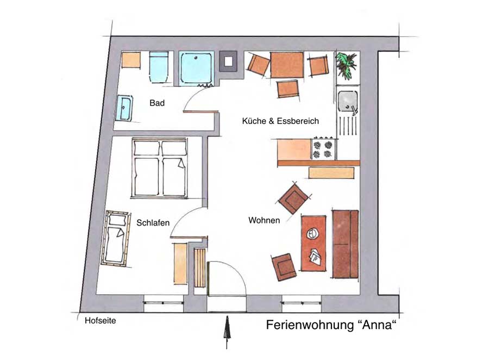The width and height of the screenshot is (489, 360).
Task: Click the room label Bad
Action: coord(157,103)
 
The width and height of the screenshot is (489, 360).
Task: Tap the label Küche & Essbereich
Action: coord(280,121)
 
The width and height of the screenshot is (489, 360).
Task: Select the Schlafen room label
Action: coord(153,222)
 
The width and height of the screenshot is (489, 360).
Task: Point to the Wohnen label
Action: coord(264,220)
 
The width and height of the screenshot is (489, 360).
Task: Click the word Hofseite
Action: coord(100,321)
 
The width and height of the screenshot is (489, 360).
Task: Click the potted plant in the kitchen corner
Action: coord(346,65)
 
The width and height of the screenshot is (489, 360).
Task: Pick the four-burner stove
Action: coord(323,149)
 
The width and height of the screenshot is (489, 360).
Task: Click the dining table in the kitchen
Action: coord(286,65)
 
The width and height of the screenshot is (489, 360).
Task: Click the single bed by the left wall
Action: coord(117,238)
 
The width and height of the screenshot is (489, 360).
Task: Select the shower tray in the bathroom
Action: coord(197,69)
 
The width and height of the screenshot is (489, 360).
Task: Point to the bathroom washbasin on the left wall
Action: coord(124,108)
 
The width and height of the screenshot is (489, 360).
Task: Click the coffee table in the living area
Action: coord(313,243)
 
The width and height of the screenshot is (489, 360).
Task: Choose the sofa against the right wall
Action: coord(346,244)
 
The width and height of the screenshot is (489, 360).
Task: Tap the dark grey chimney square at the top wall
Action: coord(228,61)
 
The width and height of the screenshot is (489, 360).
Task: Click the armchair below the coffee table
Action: coord(284,267)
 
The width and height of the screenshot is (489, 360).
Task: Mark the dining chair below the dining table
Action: coord(287,88)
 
